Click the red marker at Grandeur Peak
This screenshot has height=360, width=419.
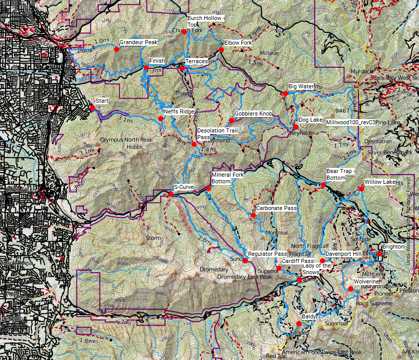(117, 50)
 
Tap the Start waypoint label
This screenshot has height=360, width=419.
(102, 101)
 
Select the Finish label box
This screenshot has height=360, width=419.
(157, 61)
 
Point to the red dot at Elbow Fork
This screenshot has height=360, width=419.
(221, 50)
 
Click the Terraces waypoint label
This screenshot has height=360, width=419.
(197, 61)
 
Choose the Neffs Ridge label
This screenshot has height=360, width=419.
(179, 111)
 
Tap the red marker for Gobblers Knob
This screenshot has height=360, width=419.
(231, 121)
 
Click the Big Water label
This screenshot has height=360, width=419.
(301, 86)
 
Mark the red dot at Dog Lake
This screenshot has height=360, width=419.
(296, 127)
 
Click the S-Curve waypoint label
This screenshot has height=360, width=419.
(184, 187)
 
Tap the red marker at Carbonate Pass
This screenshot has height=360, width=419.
(253, 215)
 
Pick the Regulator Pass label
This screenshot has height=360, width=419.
(266, 254)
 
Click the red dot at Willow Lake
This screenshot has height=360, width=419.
(361, 189)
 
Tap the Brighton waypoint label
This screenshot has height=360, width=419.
(393, 247)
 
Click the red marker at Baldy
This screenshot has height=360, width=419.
(299, 324)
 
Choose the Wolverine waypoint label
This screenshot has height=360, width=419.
(367, 282)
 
